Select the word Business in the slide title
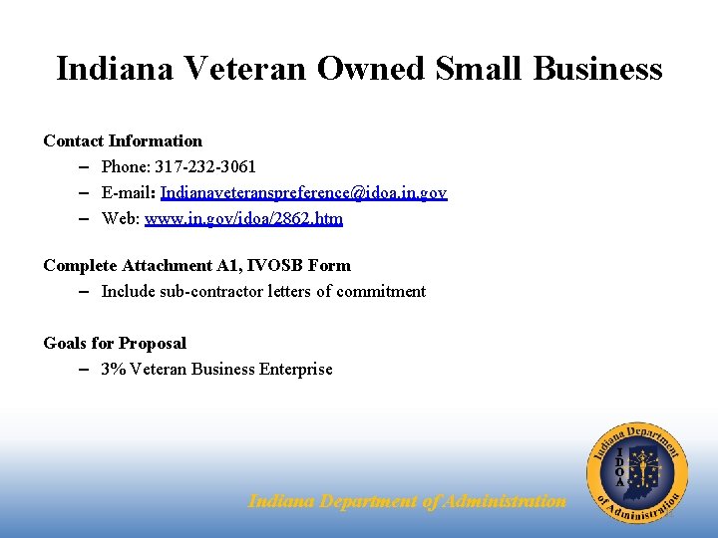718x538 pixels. (597, 68)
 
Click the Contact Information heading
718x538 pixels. (123, 140)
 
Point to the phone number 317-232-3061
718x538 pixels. (205, 166)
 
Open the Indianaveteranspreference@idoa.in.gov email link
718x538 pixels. (303, 192)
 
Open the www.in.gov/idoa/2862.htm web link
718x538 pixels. (243, 218)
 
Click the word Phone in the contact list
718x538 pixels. (124, 166)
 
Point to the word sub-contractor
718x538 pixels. (207, 291)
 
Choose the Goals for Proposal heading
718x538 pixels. (115, 343)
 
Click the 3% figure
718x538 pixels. (114, 369)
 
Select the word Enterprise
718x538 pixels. (296, 369)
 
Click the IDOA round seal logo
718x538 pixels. (637, 471)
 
